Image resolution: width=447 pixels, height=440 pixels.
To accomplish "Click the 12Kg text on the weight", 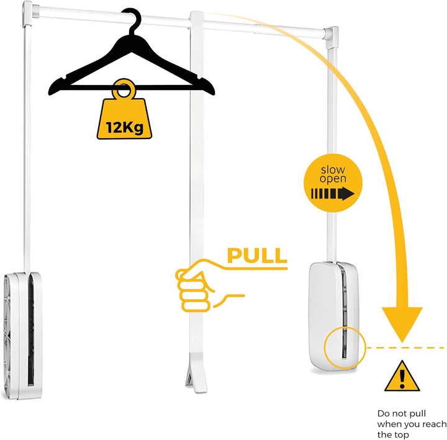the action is coord(124,127).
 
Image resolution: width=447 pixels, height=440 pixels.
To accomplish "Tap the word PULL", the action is coord(257,256).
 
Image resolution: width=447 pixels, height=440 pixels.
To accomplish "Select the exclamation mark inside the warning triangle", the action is coord(402,379).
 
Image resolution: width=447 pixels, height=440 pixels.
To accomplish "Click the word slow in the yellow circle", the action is coord(333,170).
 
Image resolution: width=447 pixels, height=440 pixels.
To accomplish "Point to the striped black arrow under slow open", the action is coord(332,194).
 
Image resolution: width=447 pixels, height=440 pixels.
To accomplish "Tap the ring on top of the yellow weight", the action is coord(124,89).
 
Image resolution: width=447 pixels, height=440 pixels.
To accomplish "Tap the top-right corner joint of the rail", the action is coord(331,37).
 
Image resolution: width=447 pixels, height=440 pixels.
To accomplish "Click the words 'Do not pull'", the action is coord(402,413).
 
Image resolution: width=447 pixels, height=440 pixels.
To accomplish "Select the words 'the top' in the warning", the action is coord(393,434).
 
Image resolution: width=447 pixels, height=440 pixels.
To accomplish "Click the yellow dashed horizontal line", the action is coord(405,348).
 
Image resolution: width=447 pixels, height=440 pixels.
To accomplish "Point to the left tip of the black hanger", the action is coord(50,92).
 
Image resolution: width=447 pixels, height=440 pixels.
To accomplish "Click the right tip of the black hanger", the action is coord(214,92).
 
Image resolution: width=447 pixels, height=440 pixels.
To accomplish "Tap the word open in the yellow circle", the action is coord(333,179).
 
